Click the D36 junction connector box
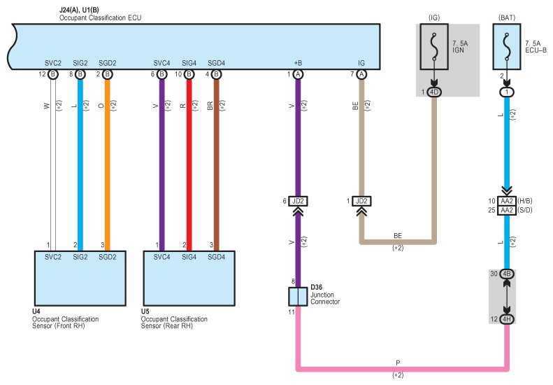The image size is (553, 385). [298, 296]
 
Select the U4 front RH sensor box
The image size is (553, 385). [80, 279]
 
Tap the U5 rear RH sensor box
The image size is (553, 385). [189, 279]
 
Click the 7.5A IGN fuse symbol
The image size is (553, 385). [434, 47]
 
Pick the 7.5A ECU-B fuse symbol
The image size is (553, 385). [507, 47]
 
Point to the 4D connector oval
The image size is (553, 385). [434, 92]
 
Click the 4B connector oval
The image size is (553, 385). [507, 274]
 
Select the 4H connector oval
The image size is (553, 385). [507, 319]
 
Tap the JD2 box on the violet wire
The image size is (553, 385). [298, 202]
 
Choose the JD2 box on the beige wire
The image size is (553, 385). [361, 202]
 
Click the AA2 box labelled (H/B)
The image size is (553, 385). [507, 201]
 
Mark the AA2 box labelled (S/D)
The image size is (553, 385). [507, 210]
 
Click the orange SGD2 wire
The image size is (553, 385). [108, 165]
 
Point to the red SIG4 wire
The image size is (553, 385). [189, 165]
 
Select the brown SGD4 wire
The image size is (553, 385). [217, 165]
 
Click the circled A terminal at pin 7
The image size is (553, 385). [361, 74]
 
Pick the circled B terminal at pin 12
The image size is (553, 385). [53, 74]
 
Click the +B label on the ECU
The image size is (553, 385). [298, 63]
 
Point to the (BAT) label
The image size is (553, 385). [507, 17]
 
